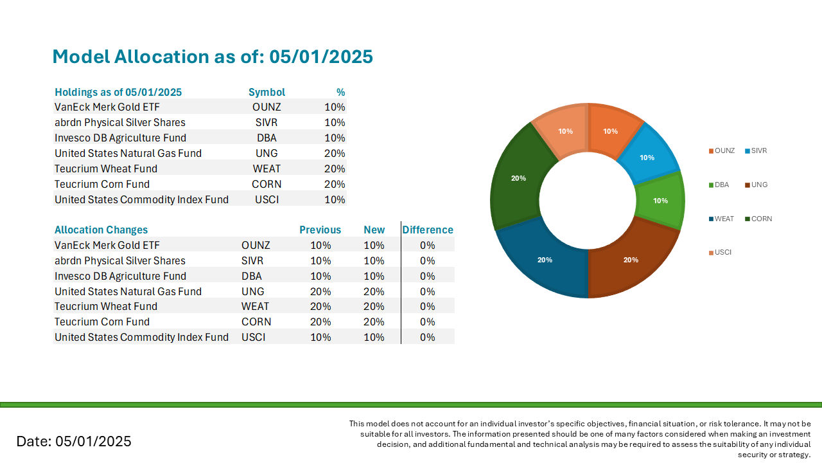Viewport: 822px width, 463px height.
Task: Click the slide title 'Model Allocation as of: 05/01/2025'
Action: [212, 57]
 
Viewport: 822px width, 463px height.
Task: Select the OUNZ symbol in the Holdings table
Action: [267, 107]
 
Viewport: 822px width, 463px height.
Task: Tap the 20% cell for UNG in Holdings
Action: [335, 153]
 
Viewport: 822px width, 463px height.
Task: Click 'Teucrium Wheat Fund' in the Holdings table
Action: [106, 168]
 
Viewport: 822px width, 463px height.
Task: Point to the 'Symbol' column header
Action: [267, 92]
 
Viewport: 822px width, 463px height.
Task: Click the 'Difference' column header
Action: [428, 230]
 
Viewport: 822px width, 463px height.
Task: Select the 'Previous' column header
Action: [320, 230]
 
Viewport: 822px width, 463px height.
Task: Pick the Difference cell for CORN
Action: [428, 322]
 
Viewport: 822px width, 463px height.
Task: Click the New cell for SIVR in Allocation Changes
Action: [374, 260]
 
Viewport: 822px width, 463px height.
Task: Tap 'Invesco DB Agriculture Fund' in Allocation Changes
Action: [120, 276]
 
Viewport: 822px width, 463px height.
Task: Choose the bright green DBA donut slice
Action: [660, 200]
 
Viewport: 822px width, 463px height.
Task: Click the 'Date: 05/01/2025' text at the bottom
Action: [74, 441]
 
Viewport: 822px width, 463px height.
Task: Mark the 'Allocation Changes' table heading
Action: [101, 230]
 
